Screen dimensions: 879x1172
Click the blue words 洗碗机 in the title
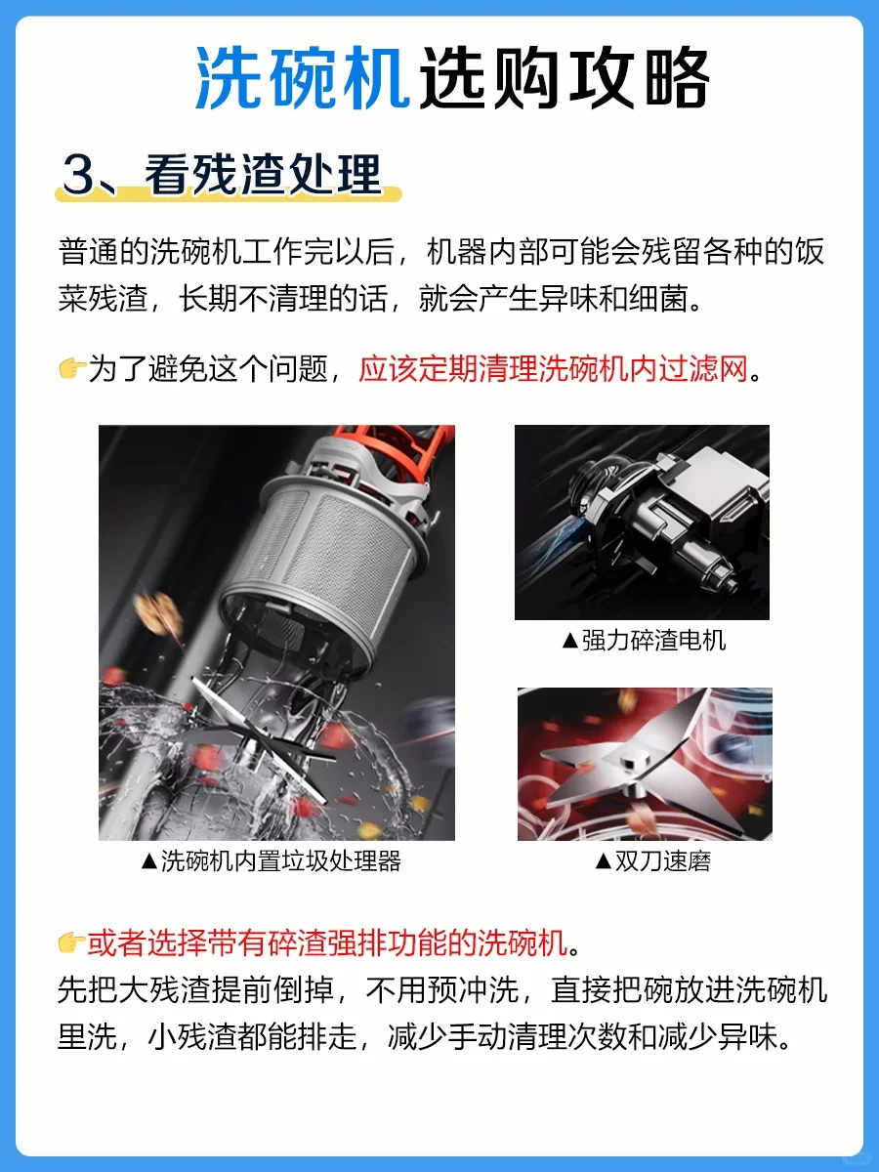click(303, 78)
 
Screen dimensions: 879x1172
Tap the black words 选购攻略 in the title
click(565, 78)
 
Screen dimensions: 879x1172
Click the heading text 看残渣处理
click(263, 174)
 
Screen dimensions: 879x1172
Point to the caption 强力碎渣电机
click(653, 641)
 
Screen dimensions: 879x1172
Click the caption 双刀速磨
click(662, 861)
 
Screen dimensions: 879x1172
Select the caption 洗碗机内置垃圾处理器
click(280, 860)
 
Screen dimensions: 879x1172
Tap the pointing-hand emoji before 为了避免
click(72, 368)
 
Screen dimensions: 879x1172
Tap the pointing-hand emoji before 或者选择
click(71, 942)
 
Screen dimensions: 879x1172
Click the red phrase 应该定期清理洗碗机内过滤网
click(554, 368)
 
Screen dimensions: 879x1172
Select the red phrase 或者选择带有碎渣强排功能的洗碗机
click(327, 942)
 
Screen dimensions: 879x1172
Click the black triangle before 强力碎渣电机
click(570, 641)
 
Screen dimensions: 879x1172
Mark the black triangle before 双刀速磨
click(604, 861)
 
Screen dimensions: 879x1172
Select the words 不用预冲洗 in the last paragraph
click(441, 990)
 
